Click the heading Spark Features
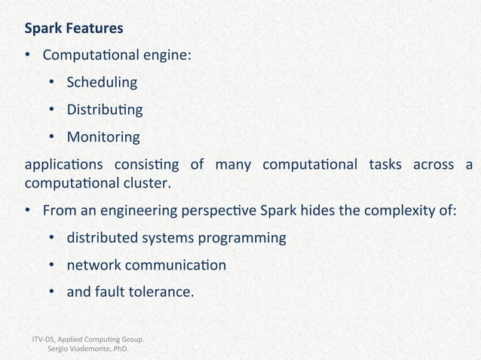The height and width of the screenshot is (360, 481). [74, 29]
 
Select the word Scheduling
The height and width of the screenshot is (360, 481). [102, 83]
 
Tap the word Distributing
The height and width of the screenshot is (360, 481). [104, 110]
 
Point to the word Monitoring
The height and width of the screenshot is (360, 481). [103, 137]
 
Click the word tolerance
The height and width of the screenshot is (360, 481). [160, 292]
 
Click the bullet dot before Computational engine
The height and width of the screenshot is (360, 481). [28, 56]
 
